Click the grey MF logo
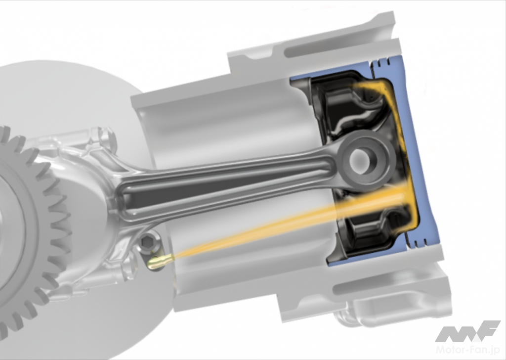467,331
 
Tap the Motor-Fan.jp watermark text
467,350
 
